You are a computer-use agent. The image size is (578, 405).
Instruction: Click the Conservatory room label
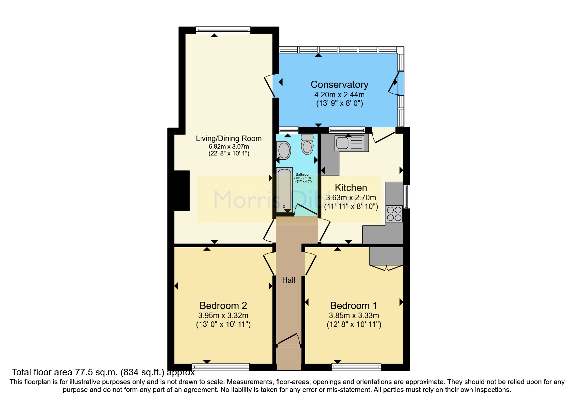[339, 85]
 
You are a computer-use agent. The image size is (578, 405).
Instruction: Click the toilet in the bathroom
[307, 145]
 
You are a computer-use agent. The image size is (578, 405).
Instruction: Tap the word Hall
[289, 280]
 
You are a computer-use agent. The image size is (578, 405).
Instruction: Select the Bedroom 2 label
[223, 306]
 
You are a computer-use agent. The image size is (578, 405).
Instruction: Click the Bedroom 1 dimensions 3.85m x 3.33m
[354, 316]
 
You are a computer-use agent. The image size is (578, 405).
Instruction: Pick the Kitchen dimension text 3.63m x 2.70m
[351, 198]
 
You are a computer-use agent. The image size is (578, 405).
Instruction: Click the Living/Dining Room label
[228, 138]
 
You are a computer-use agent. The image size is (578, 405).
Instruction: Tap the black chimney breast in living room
[182, 190]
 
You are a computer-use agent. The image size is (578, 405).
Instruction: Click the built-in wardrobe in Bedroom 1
[386, 256]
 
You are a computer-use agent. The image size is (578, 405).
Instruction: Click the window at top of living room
[223, 30]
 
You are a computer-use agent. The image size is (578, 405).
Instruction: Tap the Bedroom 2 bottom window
[221, 367]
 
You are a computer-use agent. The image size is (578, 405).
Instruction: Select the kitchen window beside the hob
[407, 196]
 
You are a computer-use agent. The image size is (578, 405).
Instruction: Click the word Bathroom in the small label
[304, 174]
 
